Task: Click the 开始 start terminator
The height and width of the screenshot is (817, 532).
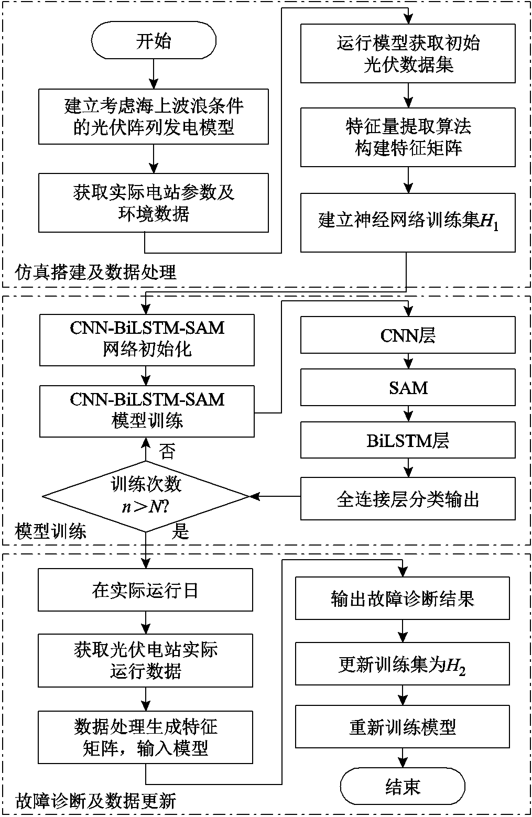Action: tap(154, 41)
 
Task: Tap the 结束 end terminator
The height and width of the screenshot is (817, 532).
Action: tap(403, 787)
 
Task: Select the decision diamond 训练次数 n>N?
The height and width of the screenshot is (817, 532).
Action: tap(146, 496)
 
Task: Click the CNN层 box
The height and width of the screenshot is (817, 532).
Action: tap(408, 335)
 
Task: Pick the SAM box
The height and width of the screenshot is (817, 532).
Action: tap(408, 388)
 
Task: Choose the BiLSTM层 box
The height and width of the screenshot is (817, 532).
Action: tap(408, 441)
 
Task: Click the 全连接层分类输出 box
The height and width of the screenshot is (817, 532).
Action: tap(408, 499)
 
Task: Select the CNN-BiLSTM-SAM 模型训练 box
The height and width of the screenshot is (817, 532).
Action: tap(147, 411)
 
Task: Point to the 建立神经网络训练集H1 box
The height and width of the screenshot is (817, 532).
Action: tap(408, 222)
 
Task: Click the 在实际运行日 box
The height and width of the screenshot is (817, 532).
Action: tap(145, 591)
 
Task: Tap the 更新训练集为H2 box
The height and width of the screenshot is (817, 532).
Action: tap(403, 666)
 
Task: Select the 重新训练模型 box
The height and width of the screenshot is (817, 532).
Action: tap(403, 727)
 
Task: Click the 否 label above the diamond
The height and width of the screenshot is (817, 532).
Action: tap(167, 451)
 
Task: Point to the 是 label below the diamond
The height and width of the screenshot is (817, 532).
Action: tap(180, 532)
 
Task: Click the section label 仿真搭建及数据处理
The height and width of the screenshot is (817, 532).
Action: tap(96, 272)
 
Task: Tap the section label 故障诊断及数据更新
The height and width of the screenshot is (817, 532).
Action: tap(96, 801)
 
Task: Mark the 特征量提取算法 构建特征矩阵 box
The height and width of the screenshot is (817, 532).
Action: tap(408, 137)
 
